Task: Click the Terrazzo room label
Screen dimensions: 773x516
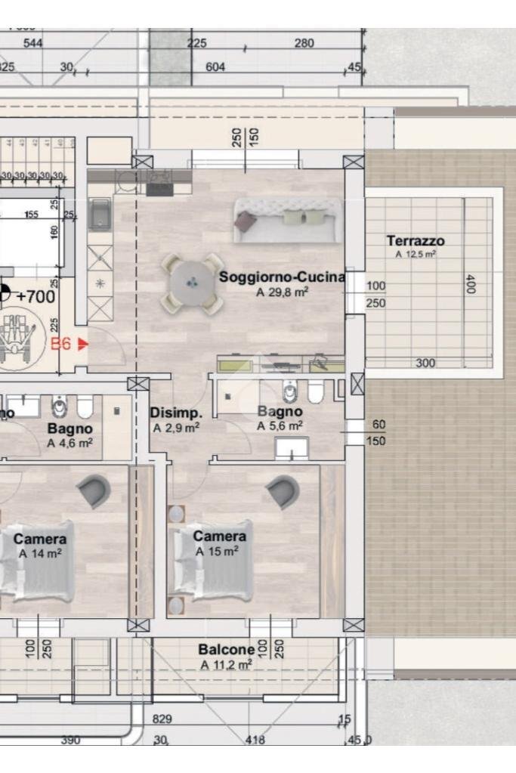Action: pos(416,242)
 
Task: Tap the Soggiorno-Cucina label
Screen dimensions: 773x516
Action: pos(281,277)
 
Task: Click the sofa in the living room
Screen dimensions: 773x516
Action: pos(286,220)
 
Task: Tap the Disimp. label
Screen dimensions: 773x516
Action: pos(176,413)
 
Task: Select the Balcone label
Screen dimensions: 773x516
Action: pos(226,650)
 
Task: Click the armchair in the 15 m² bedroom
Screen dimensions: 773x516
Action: pos(283,492)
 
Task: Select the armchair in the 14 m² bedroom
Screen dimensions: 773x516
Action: pos(94,490)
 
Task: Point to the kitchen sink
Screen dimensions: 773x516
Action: pos(100,215)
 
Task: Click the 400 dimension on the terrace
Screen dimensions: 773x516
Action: pos(470,284)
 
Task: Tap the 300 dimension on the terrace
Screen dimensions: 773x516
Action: pos(425,363)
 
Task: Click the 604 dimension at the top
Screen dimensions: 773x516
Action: pos(215,67)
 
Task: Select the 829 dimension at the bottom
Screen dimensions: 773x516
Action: pos(162,719)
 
